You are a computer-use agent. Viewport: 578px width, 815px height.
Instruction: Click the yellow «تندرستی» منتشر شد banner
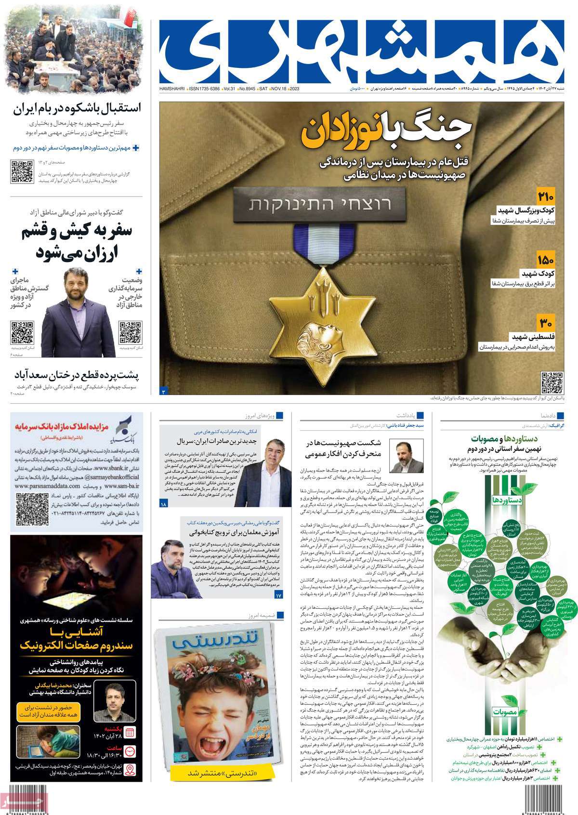click(x=212, y=787)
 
